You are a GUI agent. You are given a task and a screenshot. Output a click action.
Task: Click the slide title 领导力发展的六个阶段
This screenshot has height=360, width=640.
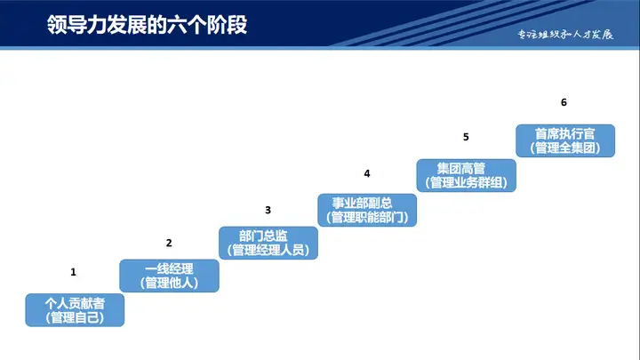147,25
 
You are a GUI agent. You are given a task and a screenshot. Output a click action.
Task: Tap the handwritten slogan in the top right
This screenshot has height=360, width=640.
565,36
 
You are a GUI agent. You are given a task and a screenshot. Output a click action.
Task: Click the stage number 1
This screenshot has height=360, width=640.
74,271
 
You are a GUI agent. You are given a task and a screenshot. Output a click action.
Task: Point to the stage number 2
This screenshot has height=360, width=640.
169,243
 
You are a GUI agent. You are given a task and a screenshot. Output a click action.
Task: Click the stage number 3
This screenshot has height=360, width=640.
268,210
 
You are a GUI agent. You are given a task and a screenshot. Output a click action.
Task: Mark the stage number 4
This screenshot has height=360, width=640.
367,173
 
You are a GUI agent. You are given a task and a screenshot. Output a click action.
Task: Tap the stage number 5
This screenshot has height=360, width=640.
465,137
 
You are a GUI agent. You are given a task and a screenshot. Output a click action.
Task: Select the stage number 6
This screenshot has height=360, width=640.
564,102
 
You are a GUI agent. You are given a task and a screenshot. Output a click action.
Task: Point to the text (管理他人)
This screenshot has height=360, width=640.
169,283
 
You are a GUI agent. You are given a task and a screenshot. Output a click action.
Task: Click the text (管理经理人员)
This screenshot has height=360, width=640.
268,250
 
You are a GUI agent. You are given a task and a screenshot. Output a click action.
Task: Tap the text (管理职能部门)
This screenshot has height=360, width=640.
368,216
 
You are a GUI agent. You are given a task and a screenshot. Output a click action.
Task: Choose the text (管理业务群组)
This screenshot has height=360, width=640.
466,182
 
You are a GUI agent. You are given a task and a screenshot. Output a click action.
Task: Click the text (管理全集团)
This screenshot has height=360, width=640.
565,148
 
